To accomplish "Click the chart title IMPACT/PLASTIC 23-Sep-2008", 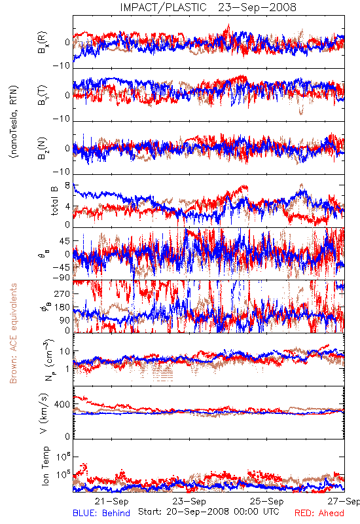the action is pyautogui.click(x=208, y=7).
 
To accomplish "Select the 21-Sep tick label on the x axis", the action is pyautogui.click(x=111, y=501).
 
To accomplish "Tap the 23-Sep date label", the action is pyautogui.click(x=189, y=501).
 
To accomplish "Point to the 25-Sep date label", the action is pyautogui.click(x=267, y=501).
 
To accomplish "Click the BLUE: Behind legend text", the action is pyautogui.click(x=101, y=513).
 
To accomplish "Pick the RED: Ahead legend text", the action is pyautogui.click(x=319, y=513).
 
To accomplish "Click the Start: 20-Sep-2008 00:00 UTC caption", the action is pyautogui.click(x=209, y=512).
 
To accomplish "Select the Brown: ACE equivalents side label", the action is pyautogui.click(x=13, y=333).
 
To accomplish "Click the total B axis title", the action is pyautogui.click(x=54, y=200).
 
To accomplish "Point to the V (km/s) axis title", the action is pyautogui.click(x=44, y=413).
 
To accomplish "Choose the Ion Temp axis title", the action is pyautogui.click(x=45, y=466).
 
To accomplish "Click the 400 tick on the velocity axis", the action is pyautogui.click(x=62, y=404).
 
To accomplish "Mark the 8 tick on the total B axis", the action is pyautogui.click(x=67, y=185).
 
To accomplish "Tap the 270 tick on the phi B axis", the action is pyautogui.click(x=62, y=293).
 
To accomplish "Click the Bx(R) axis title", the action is pyautogui.click(x=43, y=43).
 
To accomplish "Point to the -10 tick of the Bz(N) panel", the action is pyautogui.click(x=61, y=172).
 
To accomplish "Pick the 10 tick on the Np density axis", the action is pyautogui.click(x=65, y=351).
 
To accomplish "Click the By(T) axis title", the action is pyautogui.click(x=43, y=95).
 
